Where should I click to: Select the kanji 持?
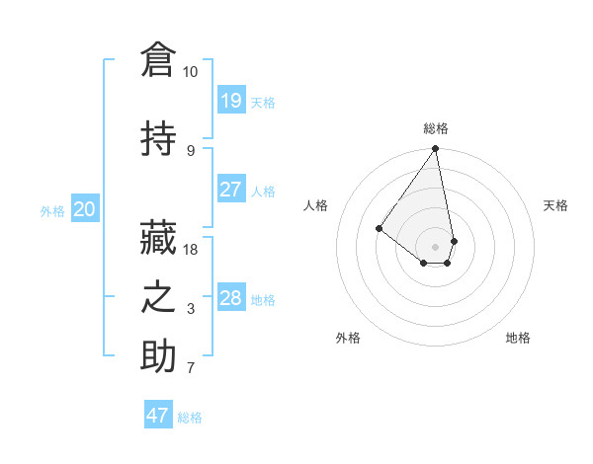(x=158, y=138)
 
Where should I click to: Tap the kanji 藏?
(x=158, y=237)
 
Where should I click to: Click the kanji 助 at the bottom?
(x=158, y=356)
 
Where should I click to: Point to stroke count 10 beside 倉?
(x=190, y=72)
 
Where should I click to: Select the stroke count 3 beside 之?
(x=191, y=309)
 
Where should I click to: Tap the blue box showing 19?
(x=230, y=101)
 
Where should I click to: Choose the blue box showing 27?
(x=230, y=190)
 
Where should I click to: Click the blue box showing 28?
(x=230, y=298)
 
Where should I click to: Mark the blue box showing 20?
(x=85, y=209)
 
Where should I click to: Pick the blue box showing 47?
(x=157, y=416)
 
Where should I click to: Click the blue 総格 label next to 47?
(x=190, y=418)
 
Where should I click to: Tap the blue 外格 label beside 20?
(x=52, y=210)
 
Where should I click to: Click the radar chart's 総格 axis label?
(x=436, y=128)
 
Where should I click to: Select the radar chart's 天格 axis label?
(x=556, y=205)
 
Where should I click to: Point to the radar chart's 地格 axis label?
(x=518, y=338)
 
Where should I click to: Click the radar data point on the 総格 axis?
(x=435, y=149)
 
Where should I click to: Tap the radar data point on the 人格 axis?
(x=379, y=228)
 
